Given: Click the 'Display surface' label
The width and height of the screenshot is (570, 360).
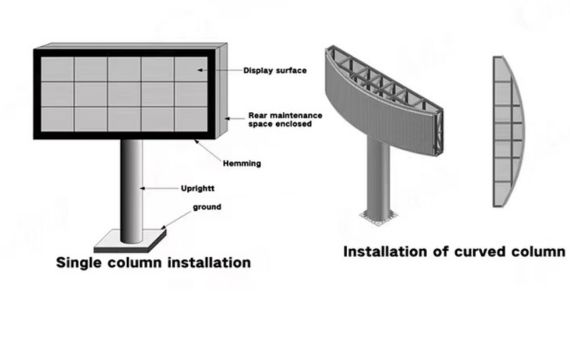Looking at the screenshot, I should [x=274, y=70].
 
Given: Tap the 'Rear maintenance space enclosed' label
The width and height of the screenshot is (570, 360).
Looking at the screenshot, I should [x=283, y=120].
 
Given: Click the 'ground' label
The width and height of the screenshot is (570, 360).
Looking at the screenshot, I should [x=207, y=207].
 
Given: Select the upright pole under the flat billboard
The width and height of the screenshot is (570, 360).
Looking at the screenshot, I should [x=131, y=185].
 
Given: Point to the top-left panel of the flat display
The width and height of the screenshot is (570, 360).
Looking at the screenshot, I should [x=57, y=69].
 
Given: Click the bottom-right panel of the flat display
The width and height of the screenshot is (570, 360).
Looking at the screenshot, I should [x=191, y=119].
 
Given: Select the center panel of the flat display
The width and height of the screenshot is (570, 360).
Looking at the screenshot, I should [x=124, y=94].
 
